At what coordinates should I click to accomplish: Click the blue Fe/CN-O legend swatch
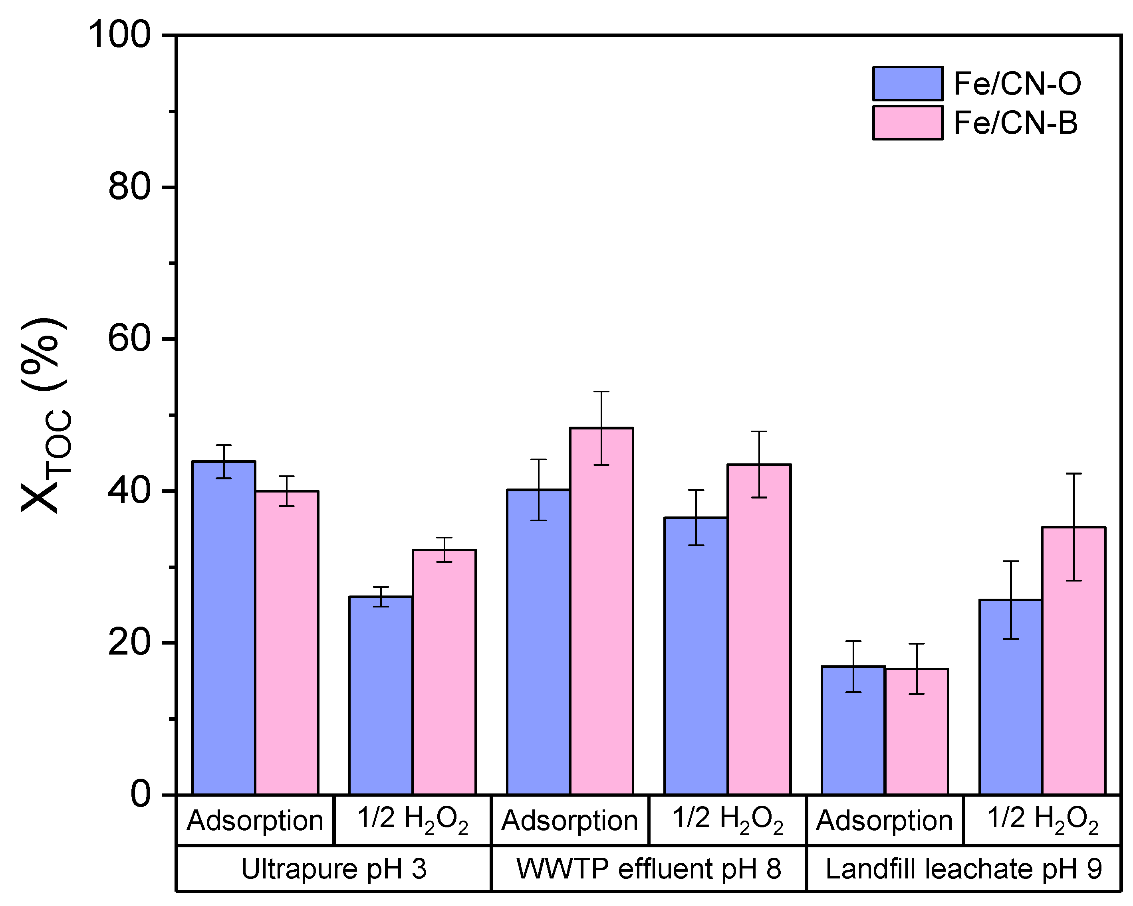(907, 83)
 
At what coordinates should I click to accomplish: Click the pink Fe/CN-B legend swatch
(907, 123)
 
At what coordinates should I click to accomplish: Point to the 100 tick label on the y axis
(120, 36)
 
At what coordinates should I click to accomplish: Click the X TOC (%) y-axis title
(45, 415)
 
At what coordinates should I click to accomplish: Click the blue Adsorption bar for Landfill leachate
(853, 730)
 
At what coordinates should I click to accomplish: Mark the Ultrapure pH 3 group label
(334, 869)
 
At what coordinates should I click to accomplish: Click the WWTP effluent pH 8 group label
(649, 869)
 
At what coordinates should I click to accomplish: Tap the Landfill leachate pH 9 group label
(963, 869)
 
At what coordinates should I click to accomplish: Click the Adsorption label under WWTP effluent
(569, 821)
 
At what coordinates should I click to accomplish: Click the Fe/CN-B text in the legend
(1015, 123)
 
